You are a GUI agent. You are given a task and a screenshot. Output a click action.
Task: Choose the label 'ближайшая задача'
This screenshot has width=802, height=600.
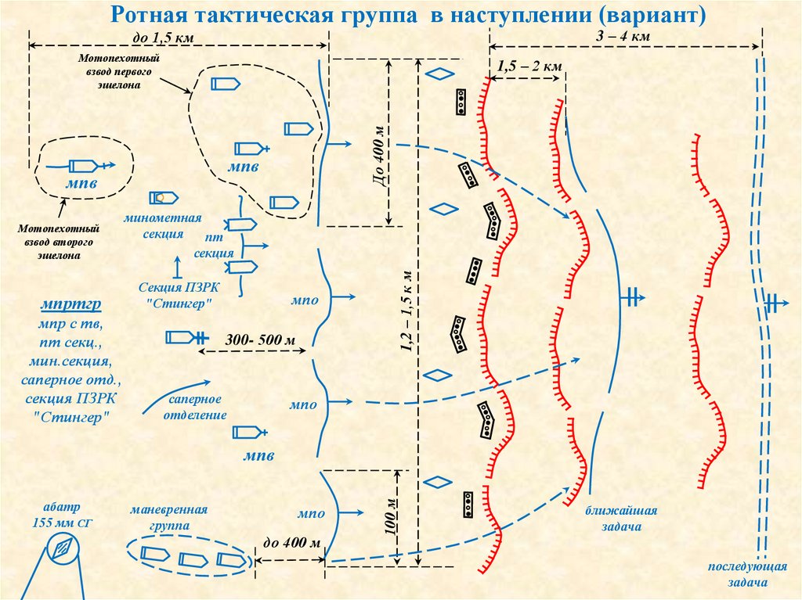[x=620, y=519]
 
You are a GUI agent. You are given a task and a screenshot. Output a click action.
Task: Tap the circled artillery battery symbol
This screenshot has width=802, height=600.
[x=60, y=548]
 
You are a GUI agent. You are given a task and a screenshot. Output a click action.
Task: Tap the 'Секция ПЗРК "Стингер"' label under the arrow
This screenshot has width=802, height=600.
[x=178, y=295]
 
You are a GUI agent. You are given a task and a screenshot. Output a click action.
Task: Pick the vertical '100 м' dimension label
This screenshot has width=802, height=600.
[x=390, y=517]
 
